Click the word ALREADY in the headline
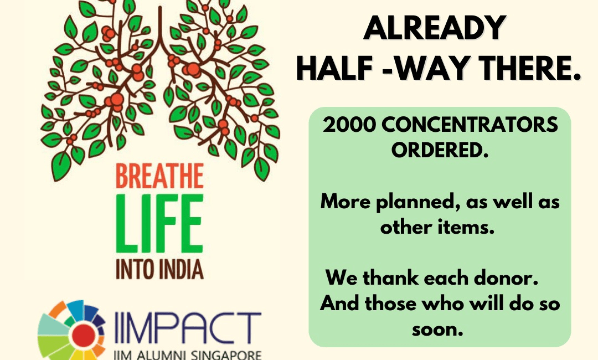click(435, 28)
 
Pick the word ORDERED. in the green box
click(440, 150)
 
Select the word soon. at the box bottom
click(437, 329)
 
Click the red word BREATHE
click(159, 176)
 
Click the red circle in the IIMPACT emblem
click(84, 336)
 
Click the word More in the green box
click(346, 202)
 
